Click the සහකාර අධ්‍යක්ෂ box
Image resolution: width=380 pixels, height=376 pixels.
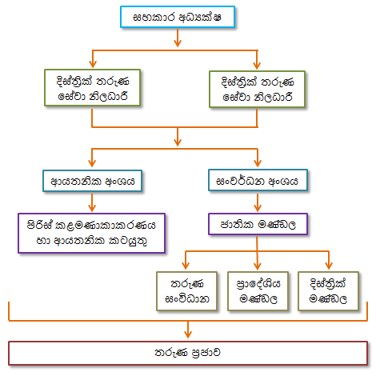tap(178, 17)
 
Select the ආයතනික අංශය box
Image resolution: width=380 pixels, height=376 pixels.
tap(92, 181)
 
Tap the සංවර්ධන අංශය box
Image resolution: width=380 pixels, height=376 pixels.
tap(258, 180)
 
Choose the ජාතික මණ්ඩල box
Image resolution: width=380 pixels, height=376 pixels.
tap(258, 224)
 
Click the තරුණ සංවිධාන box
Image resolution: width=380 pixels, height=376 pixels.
tap(186, 291)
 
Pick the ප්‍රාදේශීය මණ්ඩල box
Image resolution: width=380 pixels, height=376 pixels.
tap(258, 291)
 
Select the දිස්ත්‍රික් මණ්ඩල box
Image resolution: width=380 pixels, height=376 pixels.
tap(328, 291)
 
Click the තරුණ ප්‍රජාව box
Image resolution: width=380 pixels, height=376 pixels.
tap(188, 353)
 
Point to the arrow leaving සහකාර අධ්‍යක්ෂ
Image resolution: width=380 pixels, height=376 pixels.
tap(178, 38)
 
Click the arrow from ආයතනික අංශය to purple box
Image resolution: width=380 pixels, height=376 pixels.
tap(92, 202)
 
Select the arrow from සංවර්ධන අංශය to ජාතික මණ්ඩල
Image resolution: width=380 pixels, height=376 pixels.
tap(258, 202)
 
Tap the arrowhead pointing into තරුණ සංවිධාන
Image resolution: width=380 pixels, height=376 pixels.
tap(186, 266)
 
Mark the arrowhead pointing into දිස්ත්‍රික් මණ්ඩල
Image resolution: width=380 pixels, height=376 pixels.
tap(329, 266)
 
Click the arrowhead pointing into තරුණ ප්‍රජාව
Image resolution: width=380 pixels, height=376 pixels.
tap(188, 334)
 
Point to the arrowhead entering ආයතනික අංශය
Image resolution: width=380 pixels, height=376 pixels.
tap(92, 163)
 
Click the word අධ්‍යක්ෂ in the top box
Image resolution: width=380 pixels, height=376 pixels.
tap(200, 18)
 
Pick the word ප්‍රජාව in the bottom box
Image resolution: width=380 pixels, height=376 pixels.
tap(206, 353)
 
